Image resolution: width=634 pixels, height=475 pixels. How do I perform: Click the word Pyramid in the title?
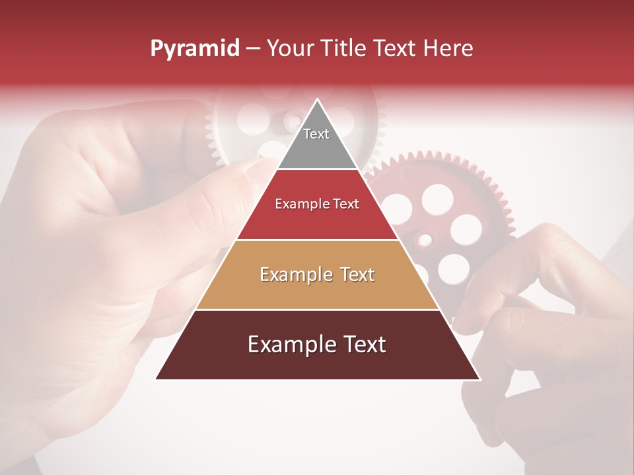coord(195,49)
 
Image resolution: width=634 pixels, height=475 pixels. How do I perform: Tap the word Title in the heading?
coord(347,49)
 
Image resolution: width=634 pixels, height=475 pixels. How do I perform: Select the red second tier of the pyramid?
coord(317,205)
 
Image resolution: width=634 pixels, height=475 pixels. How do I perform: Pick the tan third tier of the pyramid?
coord(317,274)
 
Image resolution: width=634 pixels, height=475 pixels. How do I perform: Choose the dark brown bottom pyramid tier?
coord(317,345)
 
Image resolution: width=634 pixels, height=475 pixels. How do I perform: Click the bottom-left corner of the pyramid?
coord(157,379)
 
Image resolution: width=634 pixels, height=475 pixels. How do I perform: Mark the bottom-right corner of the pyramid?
coord(479,379)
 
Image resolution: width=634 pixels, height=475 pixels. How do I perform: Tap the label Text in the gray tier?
coord(316,134)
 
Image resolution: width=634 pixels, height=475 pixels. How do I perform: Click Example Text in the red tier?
coord(317,205)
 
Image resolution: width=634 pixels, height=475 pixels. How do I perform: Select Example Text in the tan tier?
coord(317,274)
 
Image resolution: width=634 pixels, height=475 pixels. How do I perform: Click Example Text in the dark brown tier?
coord(317,345)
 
